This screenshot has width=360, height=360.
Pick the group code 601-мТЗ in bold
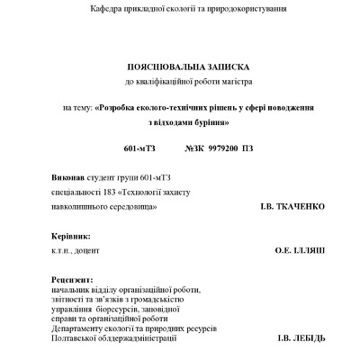click(139, 147)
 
